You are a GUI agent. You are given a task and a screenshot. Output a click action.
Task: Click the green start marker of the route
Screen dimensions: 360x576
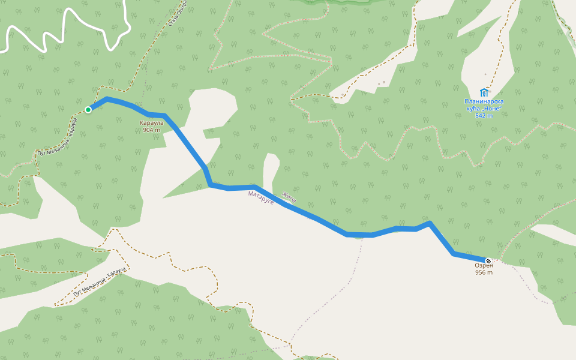[x=88, y=109]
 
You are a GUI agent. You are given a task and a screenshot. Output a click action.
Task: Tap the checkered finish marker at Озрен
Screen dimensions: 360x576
[x=488, y=260]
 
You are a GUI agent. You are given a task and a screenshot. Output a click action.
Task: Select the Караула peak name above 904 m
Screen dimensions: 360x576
[x=151, y=123]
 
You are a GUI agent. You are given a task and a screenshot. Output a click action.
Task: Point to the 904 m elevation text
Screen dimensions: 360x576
[x=151, y=130]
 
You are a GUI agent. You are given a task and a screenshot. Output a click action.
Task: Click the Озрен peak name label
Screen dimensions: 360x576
[x=484, y=265]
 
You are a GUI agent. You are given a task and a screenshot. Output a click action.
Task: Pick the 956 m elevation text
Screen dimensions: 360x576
[x=484, y=272]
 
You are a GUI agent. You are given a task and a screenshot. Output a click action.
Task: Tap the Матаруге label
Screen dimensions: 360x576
[x=261, y=197]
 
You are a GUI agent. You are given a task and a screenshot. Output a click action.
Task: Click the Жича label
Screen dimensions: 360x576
[x=289, y=196]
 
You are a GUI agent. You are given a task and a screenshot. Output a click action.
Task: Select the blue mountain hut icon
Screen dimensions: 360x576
[x=484, y=92]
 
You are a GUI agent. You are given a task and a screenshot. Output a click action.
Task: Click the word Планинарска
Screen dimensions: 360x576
[x=484, y=101]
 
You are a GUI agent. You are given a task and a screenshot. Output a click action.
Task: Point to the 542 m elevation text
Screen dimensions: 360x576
[x=484, y=116]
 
